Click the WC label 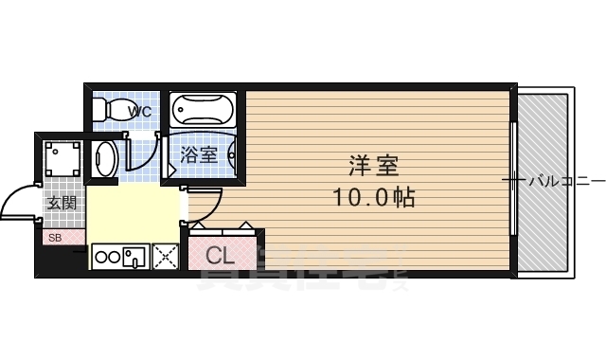[x=139, y=111]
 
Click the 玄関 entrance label [x=62, y=202]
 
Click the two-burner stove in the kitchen [x=107, y=256]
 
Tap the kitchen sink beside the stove [x=134, y=256]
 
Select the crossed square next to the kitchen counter [x=166, y=256]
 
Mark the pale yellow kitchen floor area [x=133, y=213]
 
